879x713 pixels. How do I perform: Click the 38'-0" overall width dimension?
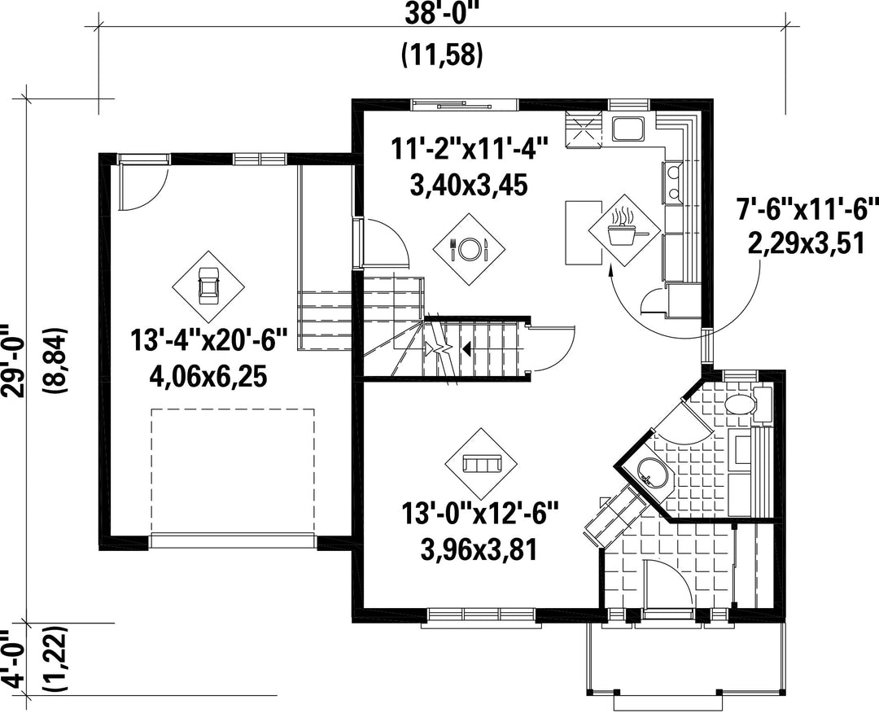(442, 12)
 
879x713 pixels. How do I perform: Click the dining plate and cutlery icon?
(470, 248)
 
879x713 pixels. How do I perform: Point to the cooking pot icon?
(624, 230)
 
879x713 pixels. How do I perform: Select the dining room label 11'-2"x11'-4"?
(469, 151)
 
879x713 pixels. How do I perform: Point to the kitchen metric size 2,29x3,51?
(806, 244)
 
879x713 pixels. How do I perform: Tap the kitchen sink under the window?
(628, 129)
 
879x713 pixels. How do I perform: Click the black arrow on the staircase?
(465, 350)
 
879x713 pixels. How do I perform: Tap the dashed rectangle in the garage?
(233, 471)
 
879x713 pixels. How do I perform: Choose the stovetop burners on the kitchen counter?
(673, 181)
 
